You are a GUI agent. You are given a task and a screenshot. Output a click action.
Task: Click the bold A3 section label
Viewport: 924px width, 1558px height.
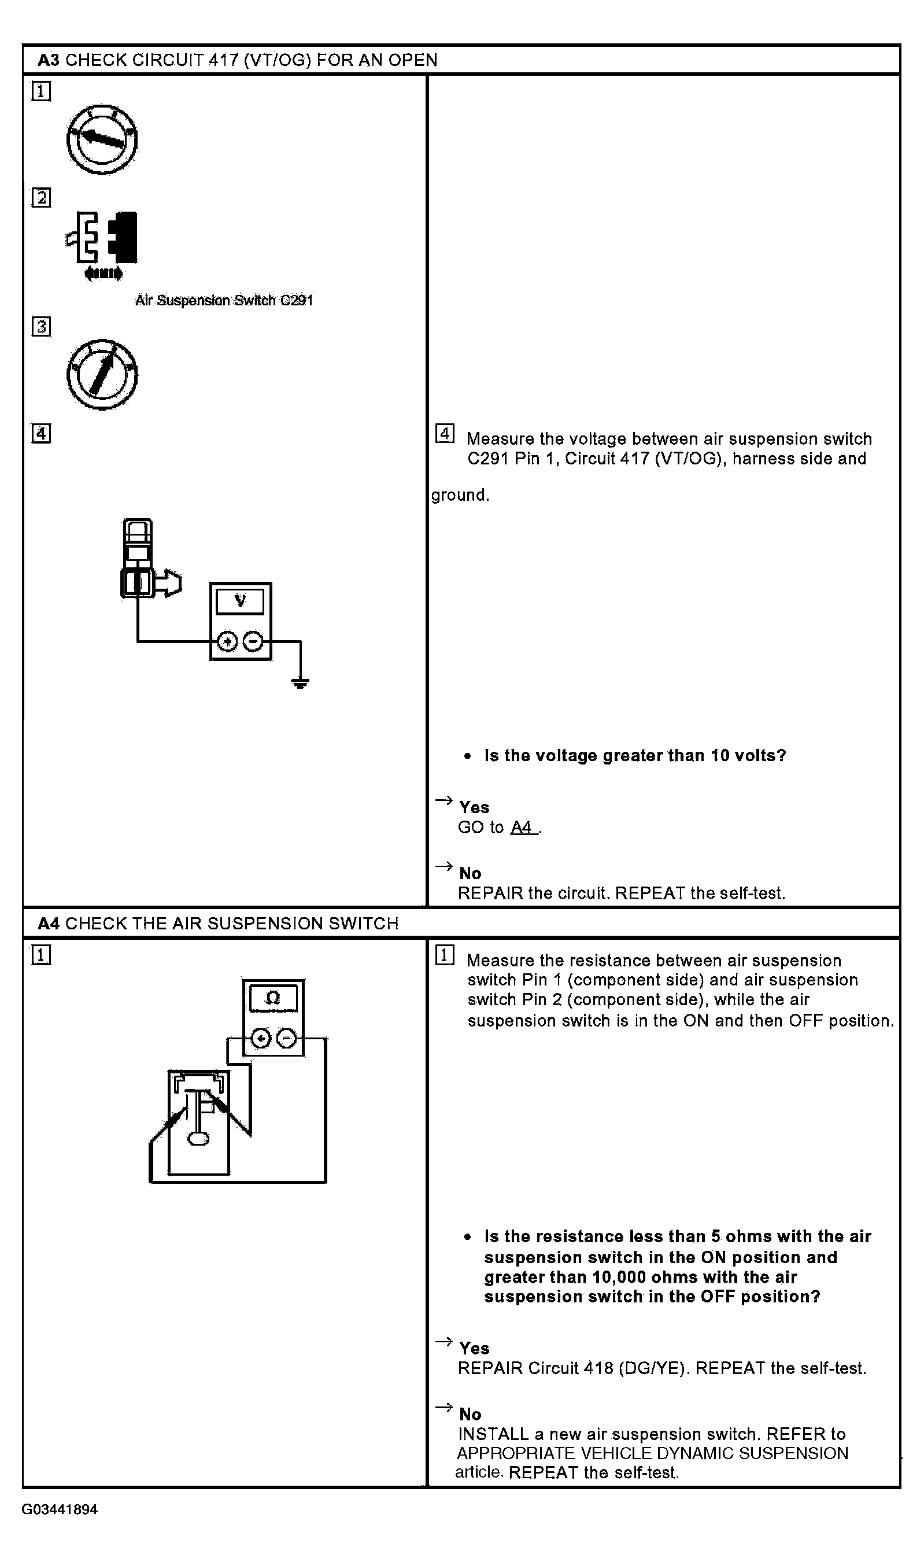48,60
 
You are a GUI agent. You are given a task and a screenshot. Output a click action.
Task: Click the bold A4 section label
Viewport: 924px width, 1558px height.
48,923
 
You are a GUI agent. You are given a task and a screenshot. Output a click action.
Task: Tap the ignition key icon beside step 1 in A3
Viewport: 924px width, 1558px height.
102,139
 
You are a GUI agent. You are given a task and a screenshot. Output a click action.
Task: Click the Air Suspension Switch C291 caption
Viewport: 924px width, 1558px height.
224,300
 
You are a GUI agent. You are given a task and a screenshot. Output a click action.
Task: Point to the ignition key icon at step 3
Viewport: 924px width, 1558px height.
102,374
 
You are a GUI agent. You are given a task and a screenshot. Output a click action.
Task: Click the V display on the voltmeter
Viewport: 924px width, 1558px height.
240,601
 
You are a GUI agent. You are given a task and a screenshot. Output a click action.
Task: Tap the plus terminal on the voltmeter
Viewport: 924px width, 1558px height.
227,641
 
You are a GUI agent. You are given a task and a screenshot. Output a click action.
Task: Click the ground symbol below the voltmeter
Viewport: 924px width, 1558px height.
300,683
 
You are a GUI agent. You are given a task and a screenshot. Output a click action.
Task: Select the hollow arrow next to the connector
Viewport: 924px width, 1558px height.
169,584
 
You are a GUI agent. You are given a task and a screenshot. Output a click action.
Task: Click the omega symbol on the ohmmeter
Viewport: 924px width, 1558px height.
273,999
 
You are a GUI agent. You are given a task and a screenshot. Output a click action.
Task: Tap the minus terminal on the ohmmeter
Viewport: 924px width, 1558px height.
286,1039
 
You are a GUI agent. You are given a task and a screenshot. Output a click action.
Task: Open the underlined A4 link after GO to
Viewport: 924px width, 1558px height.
522,827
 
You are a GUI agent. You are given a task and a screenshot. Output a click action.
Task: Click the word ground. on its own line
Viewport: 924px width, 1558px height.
460,495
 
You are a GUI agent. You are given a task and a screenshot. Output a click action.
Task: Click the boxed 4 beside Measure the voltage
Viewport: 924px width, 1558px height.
445,433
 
